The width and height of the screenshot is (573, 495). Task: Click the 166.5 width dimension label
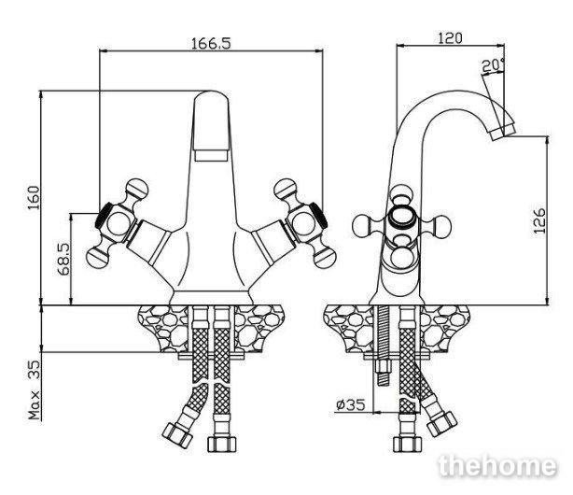(x=211, y=43)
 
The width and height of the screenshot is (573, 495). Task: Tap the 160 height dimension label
(x=34, y=198)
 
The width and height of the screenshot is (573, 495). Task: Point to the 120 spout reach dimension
(x=450, y=38)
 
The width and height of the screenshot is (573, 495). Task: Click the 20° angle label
(x=494, y=65)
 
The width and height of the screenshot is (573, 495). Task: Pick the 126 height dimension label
(x=539, y=220)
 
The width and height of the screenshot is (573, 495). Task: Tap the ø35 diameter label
(x=351, y=404)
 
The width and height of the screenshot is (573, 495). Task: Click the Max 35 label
(x=34, y=390)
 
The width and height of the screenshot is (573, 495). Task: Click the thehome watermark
(x=497, y=465)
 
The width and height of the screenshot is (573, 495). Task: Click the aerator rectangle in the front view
(x=211, y=155)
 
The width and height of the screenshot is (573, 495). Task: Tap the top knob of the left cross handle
(x=137, y=189)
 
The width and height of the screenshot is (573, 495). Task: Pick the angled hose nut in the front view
(x=177, y=433)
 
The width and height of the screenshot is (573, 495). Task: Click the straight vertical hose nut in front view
(x=222, y=444)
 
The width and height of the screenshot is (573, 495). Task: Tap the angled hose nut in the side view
(x=442, y=424)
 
